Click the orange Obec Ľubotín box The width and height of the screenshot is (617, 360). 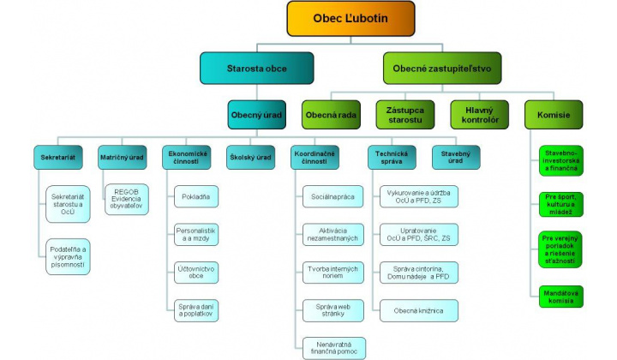pyautogui.click(x=350, y=18)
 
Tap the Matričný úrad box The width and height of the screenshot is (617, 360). pyautogui.click(x=121, y=158)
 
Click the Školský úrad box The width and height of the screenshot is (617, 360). pyautogui.click(x=250, y=158)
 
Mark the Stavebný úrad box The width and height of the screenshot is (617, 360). pyautogui.click(x=455, y=158)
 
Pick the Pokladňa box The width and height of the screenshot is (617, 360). pyautogui.click(x=195, y=197)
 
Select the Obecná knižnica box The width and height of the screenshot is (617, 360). pyautogui.click(x=418, y=309)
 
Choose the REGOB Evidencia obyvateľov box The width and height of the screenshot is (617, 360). pyautogui.click(x=127, y=198)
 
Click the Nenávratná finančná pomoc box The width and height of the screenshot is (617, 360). pyautogui.click(x=332, y=346)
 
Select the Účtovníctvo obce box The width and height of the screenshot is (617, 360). pyautogui.click(x=195, y=272)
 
